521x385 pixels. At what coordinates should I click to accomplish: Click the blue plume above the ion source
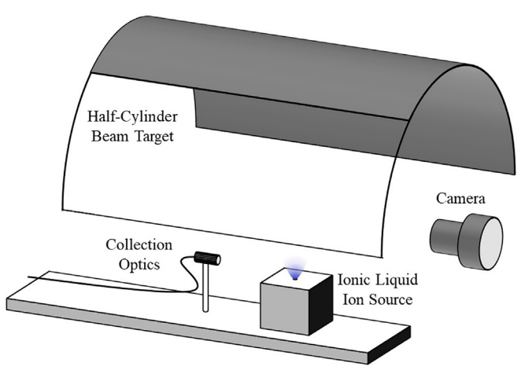click(x=296, y=272)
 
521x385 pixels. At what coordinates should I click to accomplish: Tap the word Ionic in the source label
click(x=354, y=280)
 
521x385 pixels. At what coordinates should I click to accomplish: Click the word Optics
click(x=142, y=264)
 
